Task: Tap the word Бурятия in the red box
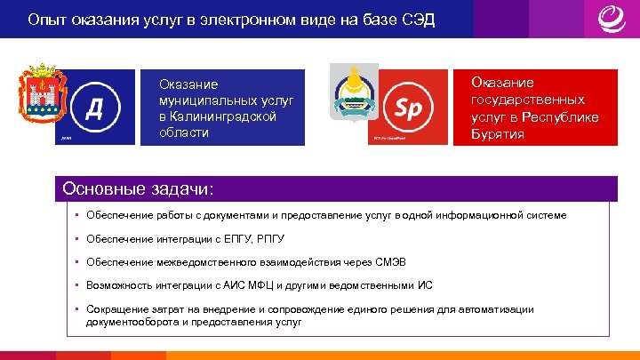point(498,134)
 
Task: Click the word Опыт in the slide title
point(45,20)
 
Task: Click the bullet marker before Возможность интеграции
point(78,286)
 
